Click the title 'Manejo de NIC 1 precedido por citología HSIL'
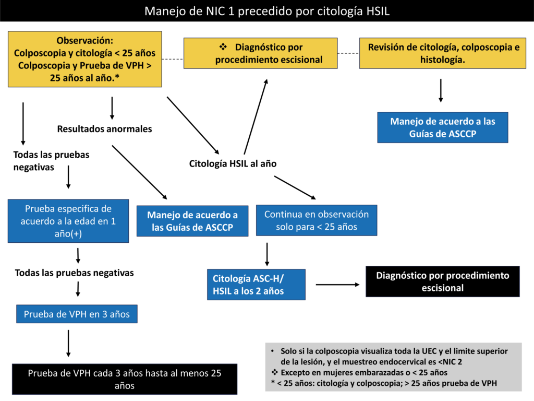[x=266, y=11]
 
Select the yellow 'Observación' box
[x=85, y=59]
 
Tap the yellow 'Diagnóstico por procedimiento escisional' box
[x=261, y=53]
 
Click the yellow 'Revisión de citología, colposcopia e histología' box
[x=443, y=53]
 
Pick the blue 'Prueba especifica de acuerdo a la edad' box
[x=68, y=221]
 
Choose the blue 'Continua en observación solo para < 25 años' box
[x=317, y=220]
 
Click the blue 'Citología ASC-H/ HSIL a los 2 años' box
[x=256, y=285]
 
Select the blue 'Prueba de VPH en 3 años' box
[x=77, y=314]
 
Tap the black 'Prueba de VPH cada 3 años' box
[x=125, y=379]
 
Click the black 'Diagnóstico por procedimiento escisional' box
[x=443, y=281]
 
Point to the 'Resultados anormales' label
[x=104, y=129]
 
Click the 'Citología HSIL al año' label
[x=233, y=163]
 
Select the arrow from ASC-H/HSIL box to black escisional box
[x=337, y=285]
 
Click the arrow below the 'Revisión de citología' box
[x=441, y=91]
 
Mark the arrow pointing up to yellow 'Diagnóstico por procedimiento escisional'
[x=256, y=116]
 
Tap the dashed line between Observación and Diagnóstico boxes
[x=173, y=59]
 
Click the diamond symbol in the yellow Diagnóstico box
[x=223, y=46]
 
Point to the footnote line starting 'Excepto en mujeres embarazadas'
[x=359, y=372]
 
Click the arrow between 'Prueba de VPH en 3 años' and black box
[x=68, y=344]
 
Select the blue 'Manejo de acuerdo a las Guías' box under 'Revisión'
[x=443, y=127]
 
